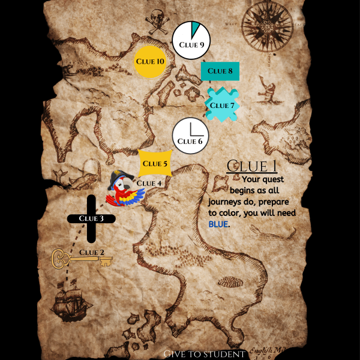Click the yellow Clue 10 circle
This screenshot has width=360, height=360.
point(149,61)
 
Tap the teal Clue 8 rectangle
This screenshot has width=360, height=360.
point(220,71)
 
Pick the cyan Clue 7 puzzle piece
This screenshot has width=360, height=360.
point(223,105)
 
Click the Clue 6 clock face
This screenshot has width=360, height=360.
point(190,136)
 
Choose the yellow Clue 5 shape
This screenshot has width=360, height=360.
point(155,163)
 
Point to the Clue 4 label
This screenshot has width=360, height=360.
point(149,183)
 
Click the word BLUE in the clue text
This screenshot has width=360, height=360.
point(219,224)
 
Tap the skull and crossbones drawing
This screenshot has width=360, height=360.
point(158,22)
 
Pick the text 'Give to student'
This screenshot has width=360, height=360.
point(204,355)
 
